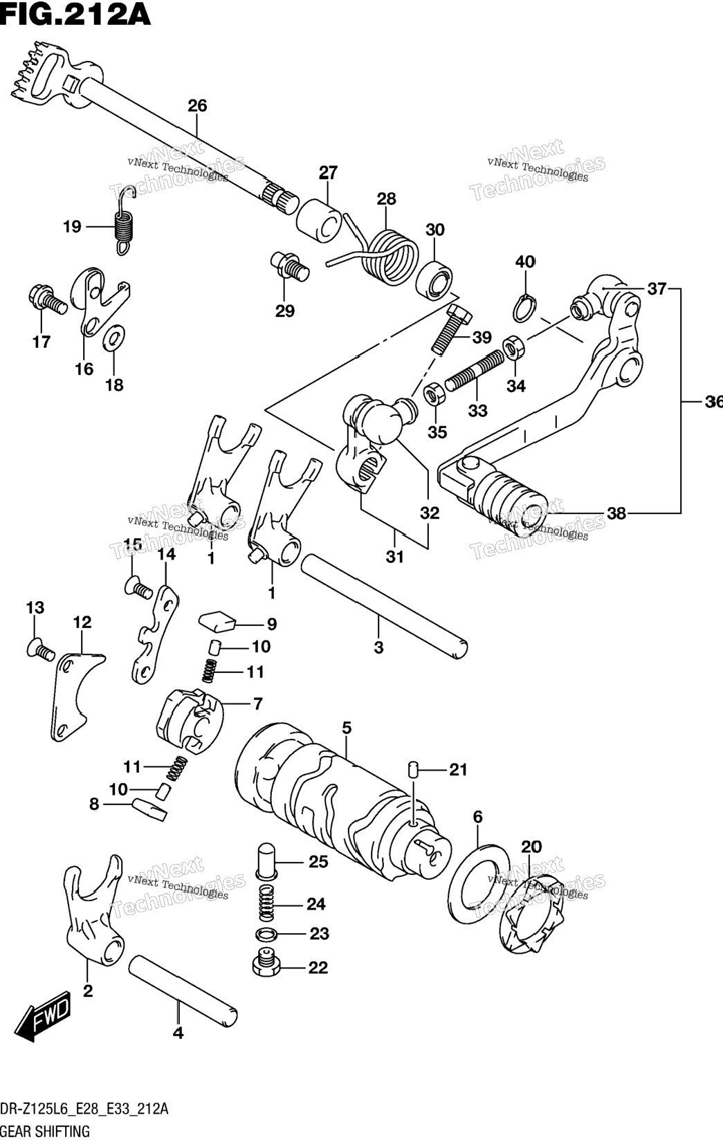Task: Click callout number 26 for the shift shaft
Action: (197, 106)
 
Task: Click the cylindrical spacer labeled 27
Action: (320, 221)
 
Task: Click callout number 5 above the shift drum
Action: (347, 728)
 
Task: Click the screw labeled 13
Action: (40, 648)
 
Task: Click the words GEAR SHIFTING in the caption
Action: (46, 1132)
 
